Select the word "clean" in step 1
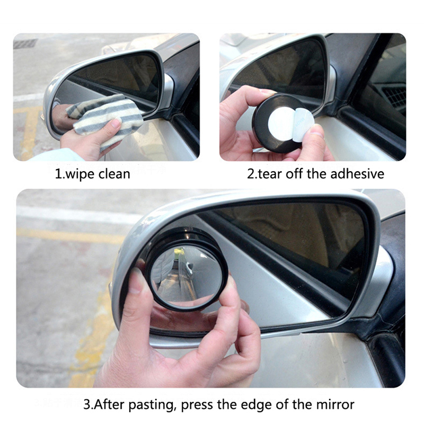click(114, 174)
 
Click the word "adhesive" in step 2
click(357, 174)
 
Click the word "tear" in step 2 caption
click(270, 174)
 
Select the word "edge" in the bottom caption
click(256, 405)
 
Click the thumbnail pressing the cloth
click(116, 123)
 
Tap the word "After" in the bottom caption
click(109, 404)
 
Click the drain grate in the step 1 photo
click(25, 43)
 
